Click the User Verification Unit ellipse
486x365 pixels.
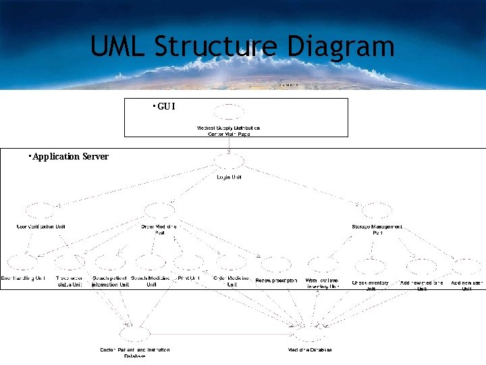click(x=40, y=211)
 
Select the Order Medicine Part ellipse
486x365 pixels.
click(x=159, y=211)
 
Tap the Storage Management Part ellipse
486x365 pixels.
click(x=376, y=211)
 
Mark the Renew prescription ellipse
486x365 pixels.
click(x=275, y=265)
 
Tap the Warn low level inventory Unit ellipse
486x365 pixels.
click(x=323, y=265)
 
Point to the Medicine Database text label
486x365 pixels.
click(x=310, y=350)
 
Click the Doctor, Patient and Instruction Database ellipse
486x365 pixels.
click(x=134, y=334)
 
